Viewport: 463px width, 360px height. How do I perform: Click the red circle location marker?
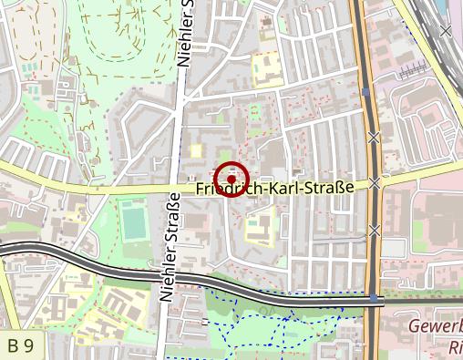[231, 178]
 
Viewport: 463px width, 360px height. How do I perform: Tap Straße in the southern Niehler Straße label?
[170, 222]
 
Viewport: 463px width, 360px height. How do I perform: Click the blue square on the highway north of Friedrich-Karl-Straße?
[365, 92]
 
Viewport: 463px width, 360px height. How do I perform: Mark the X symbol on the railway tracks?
[445, 31]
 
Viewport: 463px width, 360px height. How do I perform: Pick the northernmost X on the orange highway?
[373, 138]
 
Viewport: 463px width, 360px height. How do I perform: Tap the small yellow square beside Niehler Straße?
[195, 150]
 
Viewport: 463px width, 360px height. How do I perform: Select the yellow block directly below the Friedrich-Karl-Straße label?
[259, 230]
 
